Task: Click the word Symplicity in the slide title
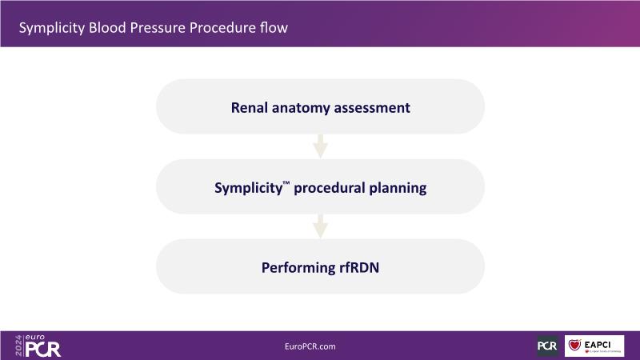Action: pos(51,29)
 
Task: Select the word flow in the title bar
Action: pos(273,29)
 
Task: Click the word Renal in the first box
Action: pos(250,106)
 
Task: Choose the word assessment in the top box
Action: pos(370,106)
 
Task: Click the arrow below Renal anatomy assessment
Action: pos(320,146)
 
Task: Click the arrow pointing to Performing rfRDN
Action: pos(320,226)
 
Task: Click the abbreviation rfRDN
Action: pos(358,267)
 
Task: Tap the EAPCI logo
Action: pos(594,346)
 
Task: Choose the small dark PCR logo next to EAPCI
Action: pos(547,346)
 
